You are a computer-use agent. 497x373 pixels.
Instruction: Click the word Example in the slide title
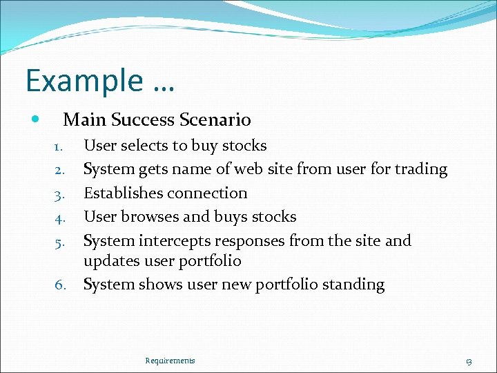coord(84,82)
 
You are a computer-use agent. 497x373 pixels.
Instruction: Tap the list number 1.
coord(59,146)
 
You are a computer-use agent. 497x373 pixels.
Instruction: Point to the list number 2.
coord(59,170)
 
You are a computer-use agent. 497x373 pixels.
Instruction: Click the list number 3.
coord(59,194)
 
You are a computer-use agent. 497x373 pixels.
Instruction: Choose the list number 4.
coord(59,218)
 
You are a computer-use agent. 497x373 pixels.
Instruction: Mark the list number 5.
coord(59,242)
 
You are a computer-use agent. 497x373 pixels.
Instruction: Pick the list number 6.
coord(60,285)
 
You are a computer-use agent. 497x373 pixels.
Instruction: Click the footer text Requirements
coord(170,361)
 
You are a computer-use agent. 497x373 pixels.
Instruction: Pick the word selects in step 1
coord(146,146)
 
